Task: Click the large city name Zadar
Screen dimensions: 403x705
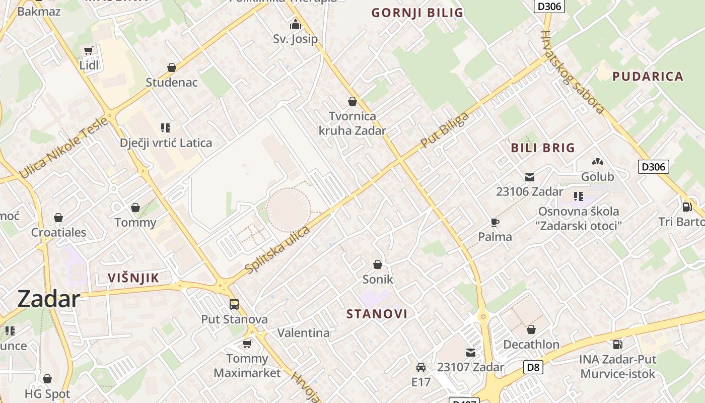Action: [48, 299]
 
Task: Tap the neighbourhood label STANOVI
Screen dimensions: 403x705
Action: [377, 314]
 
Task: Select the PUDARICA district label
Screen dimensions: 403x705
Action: [648, 77]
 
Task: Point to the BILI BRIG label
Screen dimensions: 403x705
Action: [543, 148]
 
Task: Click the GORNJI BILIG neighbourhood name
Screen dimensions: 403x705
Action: [417, 13]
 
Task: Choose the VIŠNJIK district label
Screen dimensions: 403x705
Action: [133, 278]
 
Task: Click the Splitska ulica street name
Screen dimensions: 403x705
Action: [277, 250]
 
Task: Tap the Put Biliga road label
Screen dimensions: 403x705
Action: [444, 130]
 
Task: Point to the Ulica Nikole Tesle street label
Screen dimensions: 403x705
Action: [64, 148]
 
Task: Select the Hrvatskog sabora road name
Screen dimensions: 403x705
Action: [572, 72]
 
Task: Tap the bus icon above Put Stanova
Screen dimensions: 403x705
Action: [234, 304]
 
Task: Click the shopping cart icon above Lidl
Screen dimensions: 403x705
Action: [89, 50]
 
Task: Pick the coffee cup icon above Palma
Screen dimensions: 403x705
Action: [495, 222]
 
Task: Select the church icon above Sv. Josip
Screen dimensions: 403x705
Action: [295, 24]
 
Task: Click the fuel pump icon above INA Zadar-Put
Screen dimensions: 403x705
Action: [617, 345]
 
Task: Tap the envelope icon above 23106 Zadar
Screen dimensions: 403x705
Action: [529, 177]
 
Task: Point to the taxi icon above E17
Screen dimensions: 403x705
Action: [421, 367]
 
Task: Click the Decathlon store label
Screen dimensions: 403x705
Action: [531, 345]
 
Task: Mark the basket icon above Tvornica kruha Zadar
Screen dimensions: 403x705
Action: [352, 101]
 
